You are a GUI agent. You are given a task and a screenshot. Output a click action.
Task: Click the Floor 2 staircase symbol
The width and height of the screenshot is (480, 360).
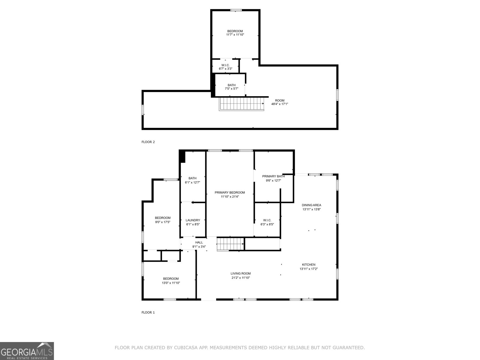[x=241, y=104]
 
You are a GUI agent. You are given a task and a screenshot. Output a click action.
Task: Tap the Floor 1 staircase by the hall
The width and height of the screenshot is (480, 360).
[x=230, y=244]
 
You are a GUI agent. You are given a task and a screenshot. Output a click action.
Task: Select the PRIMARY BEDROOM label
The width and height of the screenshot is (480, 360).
[x=229, y=193]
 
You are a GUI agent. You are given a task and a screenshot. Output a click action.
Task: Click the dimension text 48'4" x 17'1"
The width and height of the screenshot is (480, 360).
[x=280, y=104]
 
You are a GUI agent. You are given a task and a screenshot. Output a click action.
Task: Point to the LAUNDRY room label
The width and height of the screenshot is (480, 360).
[x=193, y=220]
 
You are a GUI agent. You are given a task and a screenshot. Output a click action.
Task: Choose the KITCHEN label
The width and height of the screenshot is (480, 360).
[x=309, y=265]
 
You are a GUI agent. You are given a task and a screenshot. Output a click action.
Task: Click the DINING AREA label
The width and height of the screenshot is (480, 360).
[x=311, y=205]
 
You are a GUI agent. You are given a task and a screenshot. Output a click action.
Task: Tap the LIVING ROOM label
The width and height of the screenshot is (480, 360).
[x=241, y=273]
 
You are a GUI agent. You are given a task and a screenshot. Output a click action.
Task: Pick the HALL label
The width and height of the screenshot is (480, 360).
[x=199, y=242]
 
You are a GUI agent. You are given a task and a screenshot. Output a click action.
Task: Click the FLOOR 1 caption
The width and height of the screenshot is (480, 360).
[x=148, y=312]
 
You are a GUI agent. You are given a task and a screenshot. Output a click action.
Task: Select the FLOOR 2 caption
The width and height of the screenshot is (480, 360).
[x=148, y=142]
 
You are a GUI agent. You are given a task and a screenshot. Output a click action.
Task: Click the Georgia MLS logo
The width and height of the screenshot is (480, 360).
[x=27, y=351]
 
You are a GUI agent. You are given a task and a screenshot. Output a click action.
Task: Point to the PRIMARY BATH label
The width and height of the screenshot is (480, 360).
[x=273, y=176]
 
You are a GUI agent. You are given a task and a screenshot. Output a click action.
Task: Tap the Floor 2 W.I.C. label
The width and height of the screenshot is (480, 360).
[x=226, y=65]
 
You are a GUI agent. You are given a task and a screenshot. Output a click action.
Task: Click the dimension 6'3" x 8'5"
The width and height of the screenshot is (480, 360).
[x=267, y=224]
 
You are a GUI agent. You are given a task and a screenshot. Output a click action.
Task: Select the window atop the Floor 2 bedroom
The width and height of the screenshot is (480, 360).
[x=236, y=10]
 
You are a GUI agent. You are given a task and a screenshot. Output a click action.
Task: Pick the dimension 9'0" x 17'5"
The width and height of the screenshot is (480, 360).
[x=163, y=222]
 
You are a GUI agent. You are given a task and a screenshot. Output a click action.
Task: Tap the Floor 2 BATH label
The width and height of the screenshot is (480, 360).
[x=232, y=85]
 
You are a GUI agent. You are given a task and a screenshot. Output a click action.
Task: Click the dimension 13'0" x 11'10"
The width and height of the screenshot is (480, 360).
[x=171, y=283]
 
